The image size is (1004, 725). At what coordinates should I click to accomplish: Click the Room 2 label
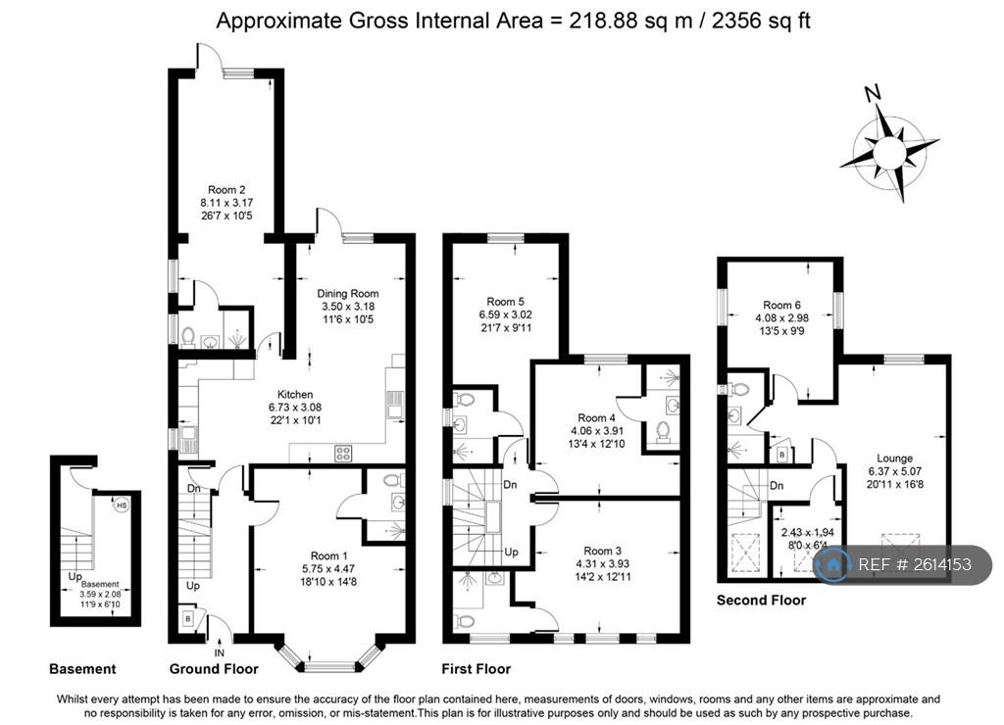[226, 190]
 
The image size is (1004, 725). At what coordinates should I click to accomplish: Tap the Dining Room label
[348, 294]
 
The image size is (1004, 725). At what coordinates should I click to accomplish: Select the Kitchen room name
[295, 394]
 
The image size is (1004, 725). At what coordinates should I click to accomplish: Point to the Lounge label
[894, 459]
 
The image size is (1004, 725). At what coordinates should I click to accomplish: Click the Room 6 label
[781, 306]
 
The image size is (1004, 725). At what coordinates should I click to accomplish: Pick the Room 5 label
[505, 302]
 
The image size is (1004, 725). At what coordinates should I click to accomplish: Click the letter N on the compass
[872, 93]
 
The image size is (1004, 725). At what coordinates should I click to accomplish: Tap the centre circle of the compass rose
[889, 153]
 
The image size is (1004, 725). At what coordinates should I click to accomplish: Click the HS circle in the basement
[122, 506]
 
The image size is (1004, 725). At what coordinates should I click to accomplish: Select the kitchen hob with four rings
[343, 453]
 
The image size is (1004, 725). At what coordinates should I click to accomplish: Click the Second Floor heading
[761, 601]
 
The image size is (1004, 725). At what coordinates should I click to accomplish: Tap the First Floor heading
[476, 669]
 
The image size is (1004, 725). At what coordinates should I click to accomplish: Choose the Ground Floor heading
[214, 669]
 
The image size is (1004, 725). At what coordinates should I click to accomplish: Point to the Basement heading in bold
[82, 669]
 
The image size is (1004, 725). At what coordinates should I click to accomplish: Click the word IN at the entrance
[219, 653]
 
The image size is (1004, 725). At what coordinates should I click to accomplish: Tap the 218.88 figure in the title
[604, 21]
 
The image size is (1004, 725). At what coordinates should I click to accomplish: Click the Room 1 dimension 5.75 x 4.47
[328, 569]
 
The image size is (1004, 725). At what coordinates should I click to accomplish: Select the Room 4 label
[597, 417]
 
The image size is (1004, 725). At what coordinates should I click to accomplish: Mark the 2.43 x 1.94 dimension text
[808, 532]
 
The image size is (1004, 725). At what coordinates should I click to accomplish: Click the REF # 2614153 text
[915, 564]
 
